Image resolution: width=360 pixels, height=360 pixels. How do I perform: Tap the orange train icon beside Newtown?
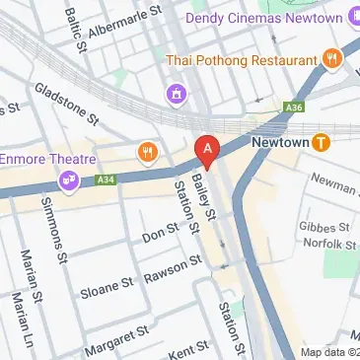point(321,143)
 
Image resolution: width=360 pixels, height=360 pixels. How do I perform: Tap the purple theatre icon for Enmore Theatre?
point(70,180)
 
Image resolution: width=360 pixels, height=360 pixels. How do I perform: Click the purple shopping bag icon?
point(176,95)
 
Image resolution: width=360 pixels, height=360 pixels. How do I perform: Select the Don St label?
point(159,235)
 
